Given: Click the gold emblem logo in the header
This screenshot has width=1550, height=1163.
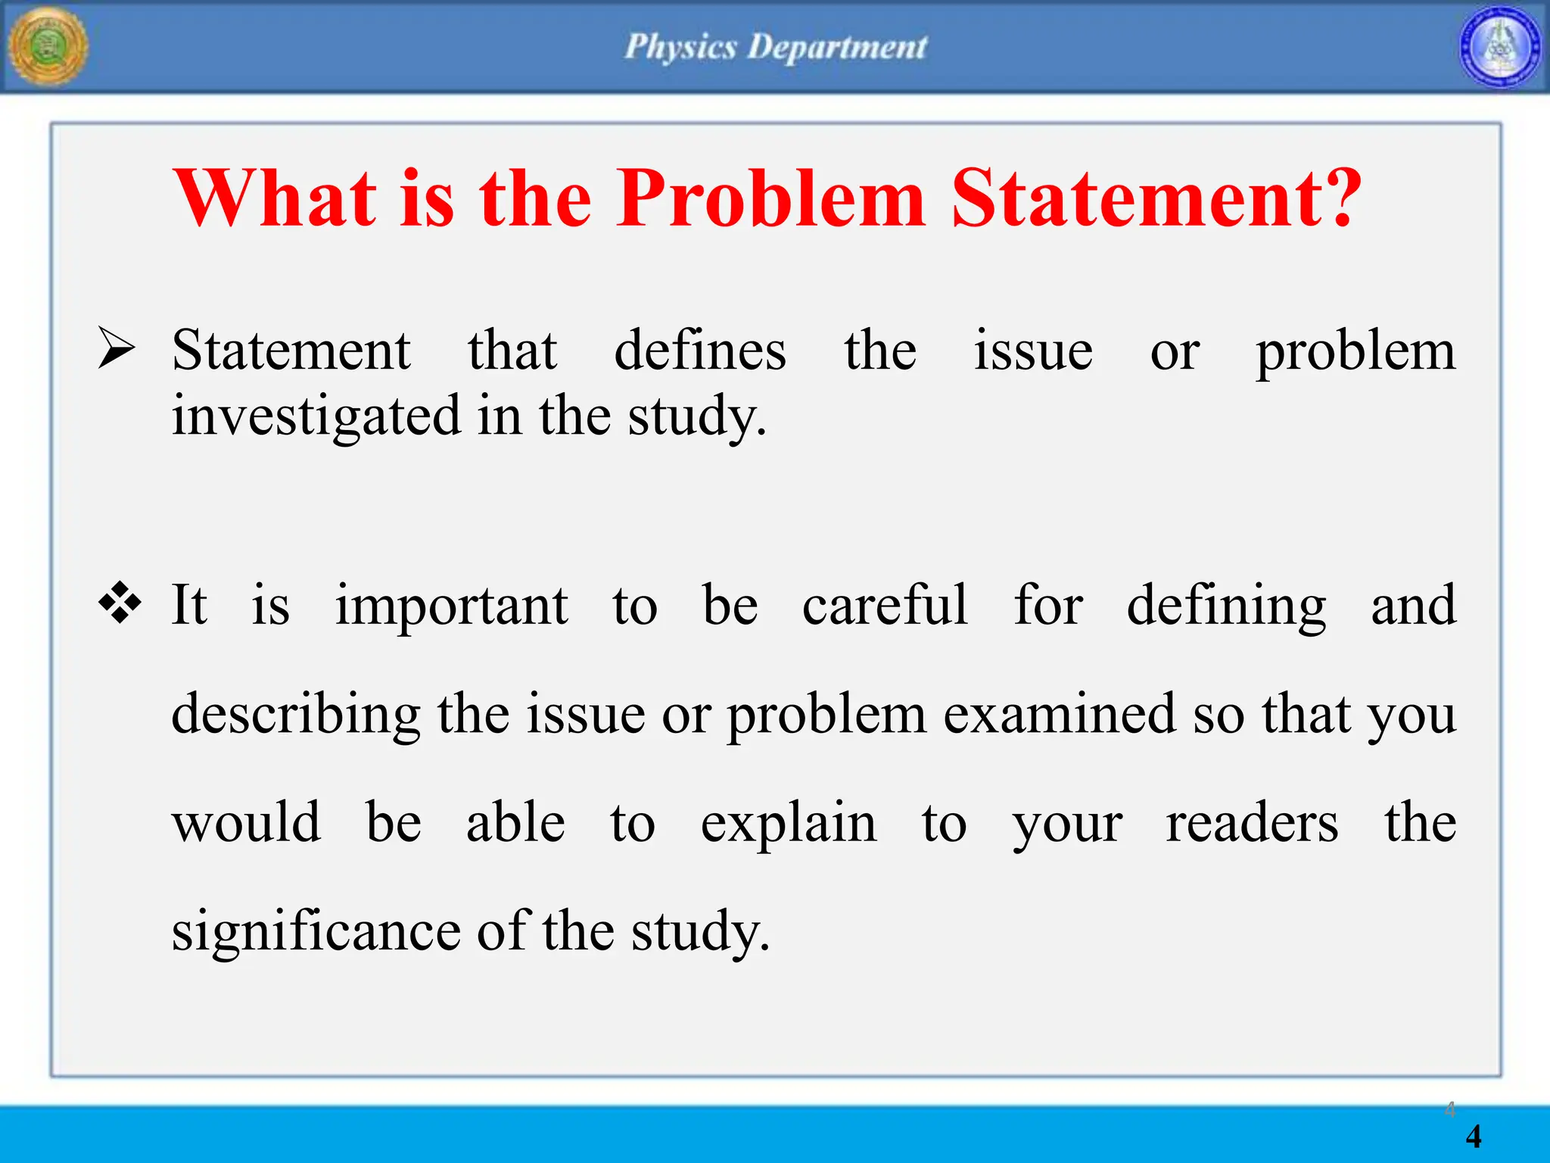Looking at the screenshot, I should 48,47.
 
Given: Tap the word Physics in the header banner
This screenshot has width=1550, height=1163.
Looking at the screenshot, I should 680,47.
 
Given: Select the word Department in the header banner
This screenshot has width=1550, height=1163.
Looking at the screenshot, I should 837,47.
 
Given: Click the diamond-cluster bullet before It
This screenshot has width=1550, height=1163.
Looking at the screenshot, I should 120,603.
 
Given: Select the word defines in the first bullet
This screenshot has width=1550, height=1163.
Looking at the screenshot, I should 700,351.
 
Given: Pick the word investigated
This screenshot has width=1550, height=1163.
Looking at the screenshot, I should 316,416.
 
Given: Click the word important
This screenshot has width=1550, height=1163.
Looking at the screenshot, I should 451,606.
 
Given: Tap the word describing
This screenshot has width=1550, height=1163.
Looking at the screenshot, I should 296,715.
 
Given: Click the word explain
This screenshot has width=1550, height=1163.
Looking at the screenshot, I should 788,824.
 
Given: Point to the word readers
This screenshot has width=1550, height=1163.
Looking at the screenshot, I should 1252,823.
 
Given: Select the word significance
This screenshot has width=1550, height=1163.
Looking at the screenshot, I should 316,931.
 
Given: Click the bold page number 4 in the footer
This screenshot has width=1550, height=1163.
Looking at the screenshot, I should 1473,1136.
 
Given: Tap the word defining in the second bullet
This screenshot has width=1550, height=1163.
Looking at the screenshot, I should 1226,606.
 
